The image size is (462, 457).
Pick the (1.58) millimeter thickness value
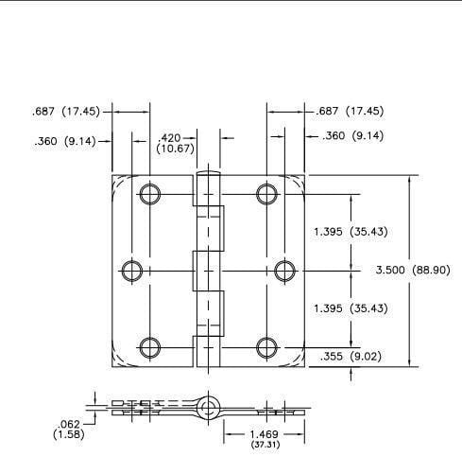click(68, 434)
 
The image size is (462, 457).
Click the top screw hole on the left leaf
click(148, 195)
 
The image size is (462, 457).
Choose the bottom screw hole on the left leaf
click(148, 346)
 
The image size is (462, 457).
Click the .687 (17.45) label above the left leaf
click(64, 111)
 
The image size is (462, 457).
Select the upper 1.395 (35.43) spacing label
click(349, 232)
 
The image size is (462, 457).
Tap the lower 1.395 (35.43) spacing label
click(349, 308)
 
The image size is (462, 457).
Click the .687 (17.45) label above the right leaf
click(351, 111)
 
